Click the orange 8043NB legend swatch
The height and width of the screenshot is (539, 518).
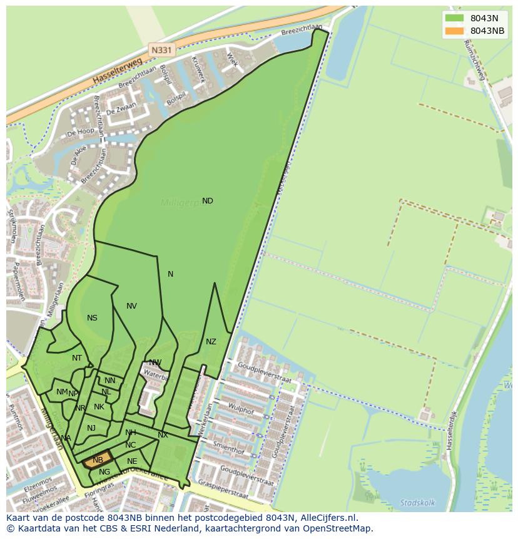(x=454, y=31)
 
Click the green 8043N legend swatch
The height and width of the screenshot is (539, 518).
(x=454, y=18)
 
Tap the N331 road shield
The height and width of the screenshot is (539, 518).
(x=161, y=49)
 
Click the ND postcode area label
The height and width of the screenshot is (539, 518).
(x=207, y=201)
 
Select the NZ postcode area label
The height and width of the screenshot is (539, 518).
(x=211, y=342)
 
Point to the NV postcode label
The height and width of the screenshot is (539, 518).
(x=131, y=306)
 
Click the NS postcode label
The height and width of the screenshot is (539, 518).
(x=92, y=318)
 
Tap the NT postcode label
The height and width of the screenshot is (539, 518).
(x=77, y=358)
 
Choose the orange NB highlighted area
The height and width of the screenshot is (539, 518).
(x=98, y=460)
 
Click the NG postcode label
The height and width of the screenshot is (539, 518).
(x=104, y=472)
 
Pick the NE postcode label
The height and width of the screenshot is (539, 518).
(x=132, y=461)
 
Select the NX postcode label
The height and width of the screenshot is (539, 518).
(x=163, y=435)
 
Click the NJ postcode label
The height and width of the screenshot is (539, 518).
(x=91, y=428)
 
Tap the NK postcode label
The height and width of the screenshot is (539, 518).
(x=99, y=407)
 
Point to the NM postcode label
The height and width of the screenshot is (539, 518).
(x=61, y=392)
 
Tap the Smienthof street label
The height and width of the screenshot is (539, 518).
(x=228, y=447)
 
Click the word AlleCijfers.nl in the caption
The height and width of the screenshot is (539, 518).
(x=327, y=518)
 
